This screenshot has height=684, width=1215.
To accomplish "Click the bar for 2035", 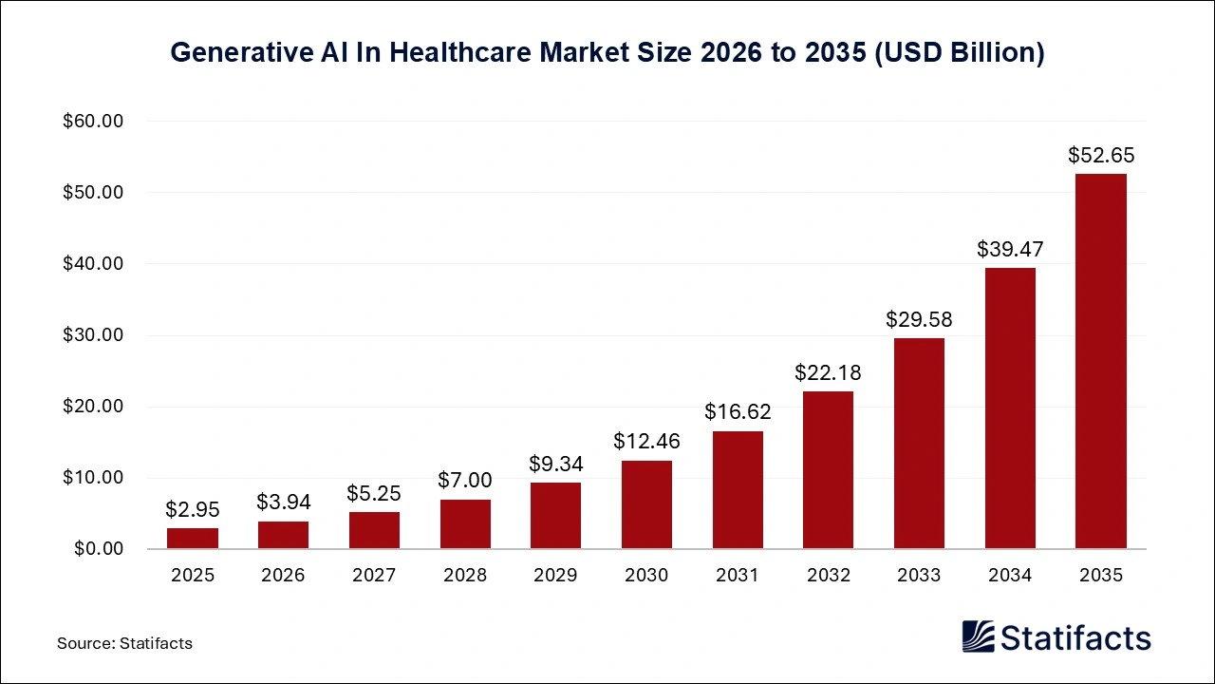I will (1101, 361).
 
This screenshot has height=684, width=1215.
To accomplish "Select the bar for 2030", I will (646, 504).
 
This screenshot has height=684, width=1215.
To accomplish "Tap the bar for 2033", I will (919, 444).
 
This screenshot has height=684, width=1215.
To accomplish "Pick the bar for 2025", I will (193, 539).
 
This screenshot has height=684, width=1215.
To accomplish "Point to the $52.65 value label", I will (1101, 155).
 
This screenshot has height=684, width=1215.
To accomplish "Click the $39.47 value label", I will (1010, 249).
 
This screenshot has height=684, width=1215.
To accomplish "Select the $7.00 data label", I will (465, 481).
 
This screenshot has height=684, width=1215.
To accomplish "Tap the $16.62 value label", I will (738, 411).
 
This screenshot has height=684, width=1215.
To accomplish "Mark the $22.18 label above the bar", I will (828, 372).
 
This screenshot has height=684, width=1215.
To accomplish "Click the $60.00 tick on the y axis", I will (94, 122).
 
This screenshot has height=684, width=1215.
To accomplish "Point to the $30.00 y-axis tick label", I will (94, 335).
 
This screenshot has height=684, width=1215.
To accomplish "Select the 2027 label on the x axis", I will (374, 575).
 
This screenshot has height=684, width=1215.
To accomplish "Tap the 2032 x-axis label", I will (828, 575).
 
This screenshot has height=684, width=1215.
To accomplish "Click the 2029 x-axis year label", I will (555, 575).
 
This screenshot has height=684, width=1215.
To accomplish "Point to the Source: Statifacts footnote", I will (124, 643).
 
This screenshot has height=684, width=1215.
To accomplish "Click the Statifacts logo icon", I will (980, 637).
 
